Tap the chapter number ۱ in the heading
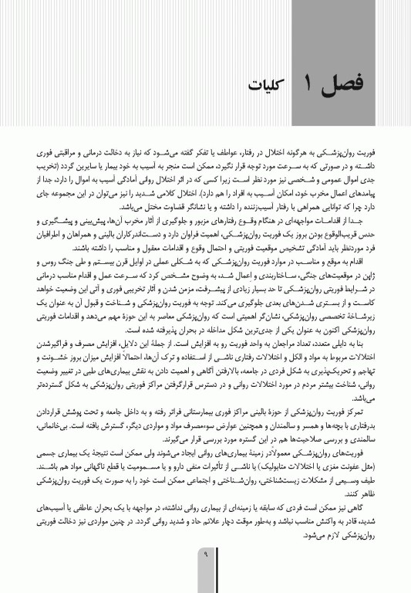point(305,83)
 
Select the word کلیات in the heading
point(267,84)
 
